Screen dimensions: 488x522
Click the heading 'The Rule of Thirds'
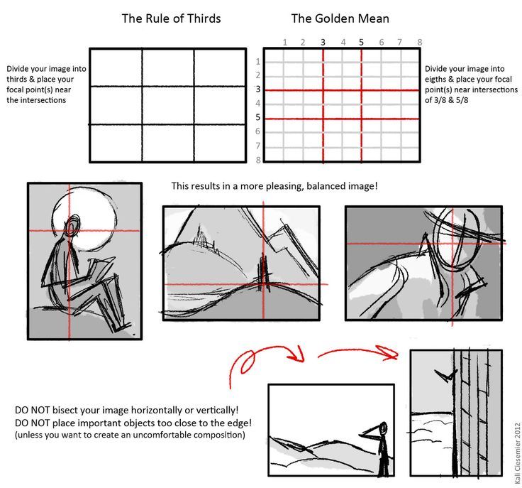(x=171, y=18)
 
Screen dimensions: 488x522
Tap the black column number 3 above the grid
(x=323, y=42)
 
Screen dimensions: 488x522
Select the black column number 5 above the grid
(x=362, y=42)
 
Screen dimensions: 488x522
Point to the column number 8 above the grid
(x=420, y=42)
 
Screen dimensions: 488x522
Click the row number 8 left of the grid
(x=258, y=159)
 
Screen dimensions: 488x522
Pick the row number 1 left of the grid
(x=258, y=61)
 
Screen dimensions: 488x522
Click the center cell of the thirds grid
(x=167, y=105)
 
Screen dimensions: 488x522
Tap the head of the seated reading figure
(x=73, y=228)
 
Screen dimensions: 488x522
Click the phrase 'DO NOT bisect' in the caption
(x=48, y=411)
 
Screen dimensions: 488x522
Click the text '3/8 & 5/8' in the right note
(x=447, y=101)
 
